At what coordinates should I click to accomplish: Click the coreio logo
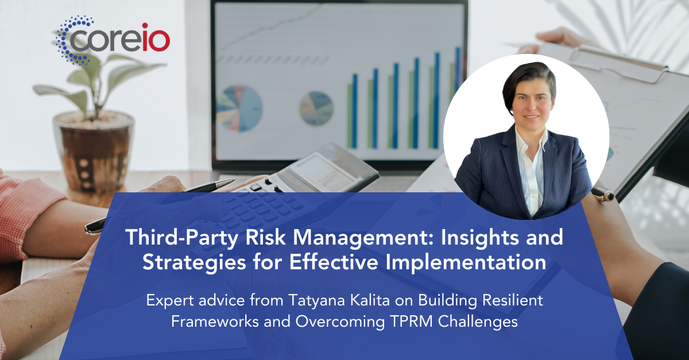coord(113,40)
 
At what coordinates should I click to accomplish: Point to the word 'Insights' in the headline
coord(480,237)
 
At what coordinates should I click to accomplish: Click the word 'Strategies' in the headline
coord(194,262)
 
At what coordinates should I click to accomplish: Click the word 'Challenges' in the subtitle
coord(478,322)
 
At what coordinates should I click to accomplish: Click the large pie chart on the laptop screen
coord(239,109)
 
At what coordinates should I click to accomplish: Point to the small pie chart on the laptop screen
coord(316,109)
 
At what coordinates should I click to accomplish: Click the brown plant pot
coord(94,152)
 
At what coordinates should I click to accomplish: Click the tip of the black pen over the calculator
coord(235,179)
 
